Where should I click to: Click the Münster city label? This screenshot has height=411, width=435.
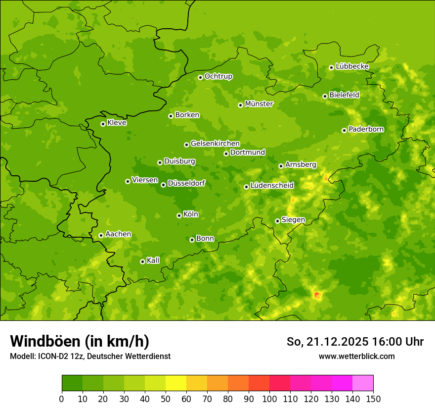coord(259,104)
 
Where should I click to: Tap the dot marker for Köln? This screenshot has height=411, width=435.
coord(179,215)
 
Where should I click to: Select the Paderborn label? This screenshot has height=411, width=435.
coord(366,129)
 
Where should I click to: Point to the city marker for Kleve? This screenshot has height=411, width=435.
coord(103,124)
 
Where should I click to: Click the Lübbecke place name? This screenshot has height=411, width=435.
coord(352,66)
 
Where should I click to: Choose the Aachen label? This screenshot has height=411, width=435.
coord(118,234)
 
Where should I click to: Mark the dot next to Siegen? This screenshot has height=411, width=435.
coord(277,221)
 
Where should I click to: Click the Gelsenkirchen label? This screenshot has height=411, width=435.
coord(215,144)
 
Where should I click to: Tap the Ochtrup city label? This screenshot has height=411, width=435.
coord(218,76)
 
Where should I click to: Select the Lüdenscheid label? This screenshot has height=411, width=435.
coord(272,186)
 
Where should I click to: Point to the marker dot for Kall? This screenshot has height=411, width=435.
coord(142,261)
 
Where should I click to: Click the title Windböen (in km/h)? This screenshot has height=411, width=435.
coord(80,341)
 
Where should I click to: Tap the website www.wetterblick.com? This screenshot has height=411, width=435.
coord(356,356)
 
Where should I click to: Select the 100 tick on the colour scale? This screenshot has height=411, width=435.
coord(269,399)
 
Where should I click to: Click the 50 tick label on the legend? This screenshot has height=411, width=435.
coord(166,399)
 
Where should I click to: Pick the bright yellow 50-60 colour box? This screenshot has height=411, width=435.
coord(176,383)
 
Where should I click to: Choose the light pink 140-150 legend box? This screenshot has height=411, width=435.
coord(363,383)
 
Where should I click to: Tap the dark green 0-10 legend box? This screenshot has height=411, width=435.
coord(72,383)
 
